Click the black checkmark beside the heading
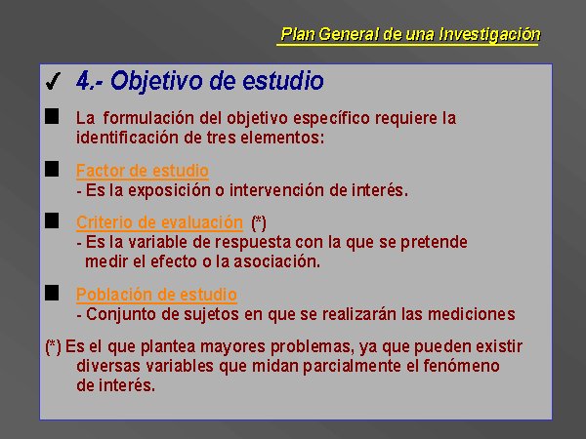pos(53,81)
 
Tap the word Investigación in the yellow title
pos(489,34)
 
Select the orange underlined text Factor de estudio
pos(142,171)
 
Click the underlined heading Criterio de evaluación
pos(159,222)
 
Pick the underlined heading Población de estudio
pos(156,295)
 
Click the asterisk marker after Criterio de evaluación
pos(259,223)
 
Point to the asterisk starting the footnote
pos(53,346)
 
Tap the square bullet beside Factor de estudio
pos(52,169)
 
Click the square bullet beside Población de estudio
pos(52,293)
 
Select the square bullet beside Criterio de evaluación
pos(52,220)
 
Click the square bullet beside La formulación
pos(52,116)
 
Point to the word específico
pos(332,119)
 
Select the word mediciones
pos(472,314)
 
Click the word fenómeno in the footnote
pos(461,366)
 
